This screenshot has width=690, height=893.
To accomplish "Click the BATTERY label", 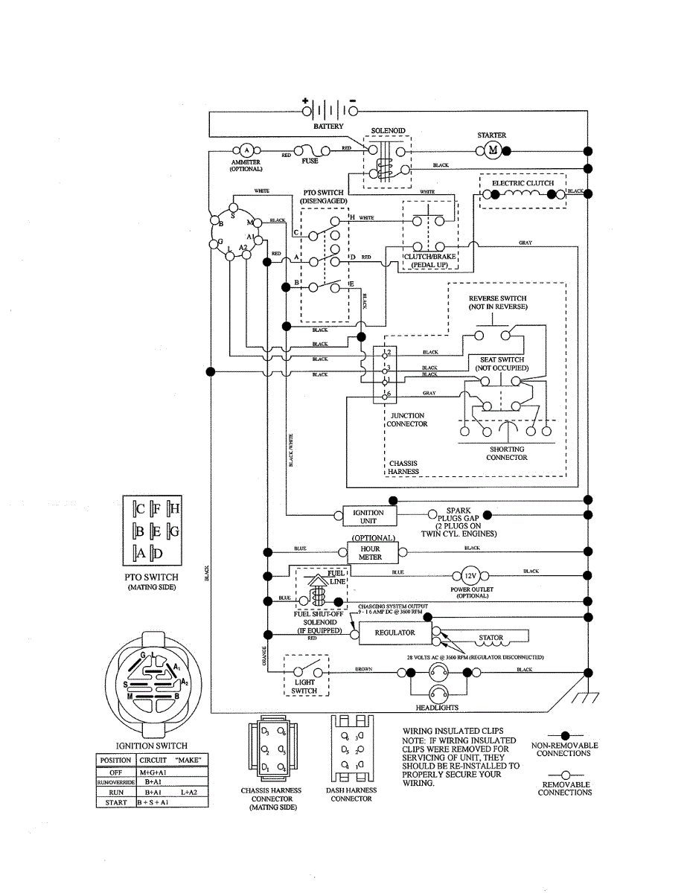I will (x=328, y=127).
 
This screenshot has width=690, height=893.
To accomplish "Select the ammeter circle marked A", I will (x=246, y=149).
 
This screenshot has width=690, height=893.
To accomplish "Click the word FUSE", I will (x=310, y=161).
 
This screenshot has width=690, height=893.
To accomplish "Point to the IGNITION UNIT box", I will (x=368, y=516).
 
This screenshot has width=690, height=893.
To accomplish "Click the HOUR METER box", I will (x=370, y=552).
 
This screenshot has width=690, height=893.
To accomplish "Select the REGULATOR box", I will (x=394, y=633).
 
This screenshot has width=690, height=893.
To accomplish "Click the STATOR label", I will (x=491, y=638).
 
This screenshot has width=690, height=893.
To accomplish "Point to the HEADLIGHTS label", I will (x=437, y=708).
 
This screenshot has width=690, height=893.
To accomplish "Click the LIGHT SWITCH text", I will (x=304, y=686).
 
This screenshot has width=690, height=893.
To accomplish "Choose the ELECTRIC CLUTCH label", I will (x=523, y=183).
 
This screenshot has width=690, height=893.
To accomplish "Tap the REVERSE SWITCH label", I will (x=497, y=303).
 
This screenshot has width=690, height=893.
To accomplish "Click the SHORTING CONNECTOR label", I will (x=507, y=453).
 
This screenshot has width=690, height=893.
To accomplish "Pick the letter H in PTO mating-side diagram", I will (x=174, y=509).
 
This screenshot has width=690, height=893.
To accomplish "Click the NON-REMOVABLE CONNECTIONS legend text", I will (x=561, y=749).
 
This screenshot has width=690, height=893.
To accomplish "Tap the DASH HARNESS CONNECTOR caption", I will (x=351, y=794).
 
